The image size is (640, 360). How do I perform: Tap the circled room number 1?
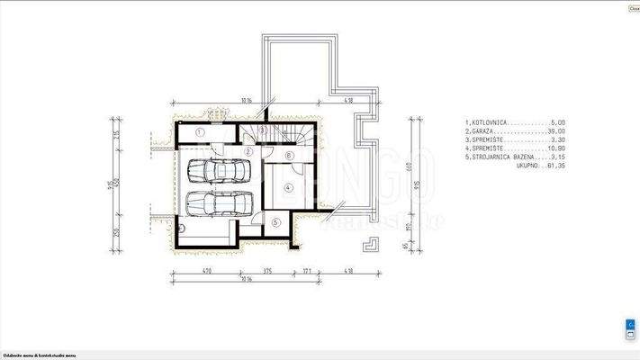pyautogui.click(x=201, y=132)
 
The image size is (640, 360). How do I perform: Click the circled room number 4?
pyautogui.click(x=288, y=187)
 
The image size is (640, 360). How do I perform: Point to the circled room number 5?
pyautogui.click(x=275, y=222)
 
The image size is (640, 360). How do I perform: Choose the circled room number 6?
pyautogui.click(x=288, y=156)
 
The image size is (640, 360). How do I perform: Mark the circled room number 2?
pyautogui.click(x=248, y=151)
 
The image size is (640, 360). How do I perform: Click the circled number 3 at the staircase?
pyautogui.click(x=261, y=131)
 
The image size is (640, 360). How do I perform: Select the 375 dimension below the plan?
pyautogui.click(x=267, y=269)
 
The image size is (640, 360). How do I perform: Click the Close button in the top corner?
pyautogui.click(x=634, y=8)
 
